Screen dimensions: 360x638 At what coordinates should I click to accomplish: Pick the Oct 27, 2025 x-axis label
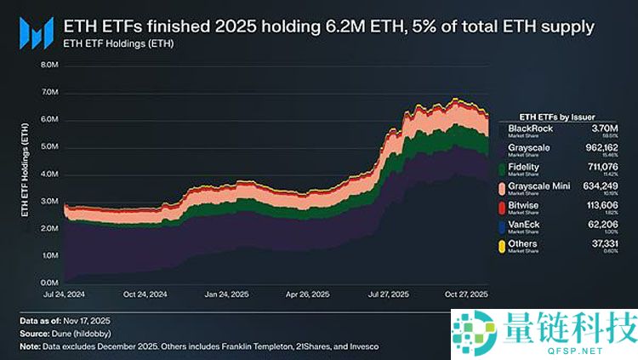[464, 295]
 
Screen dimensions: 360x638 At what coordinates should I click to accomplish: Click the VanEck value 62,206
[607, 225]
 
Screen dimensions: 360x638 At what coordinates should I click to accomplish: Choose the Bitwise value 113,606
[605, 205]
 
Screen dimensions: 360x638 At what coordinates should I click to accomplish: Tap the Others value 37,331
[607, 244]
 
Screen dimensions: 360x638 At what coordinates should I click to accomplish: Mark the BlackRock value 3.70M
[610, 129]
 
